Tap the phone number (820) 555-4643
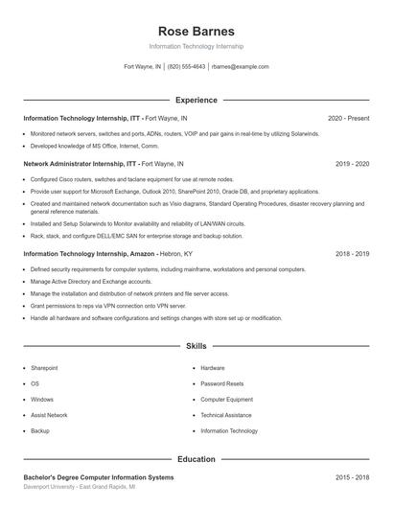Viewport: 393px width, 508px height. click(186, 67)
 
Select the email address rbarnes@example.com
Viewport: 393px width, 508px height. click(240, 67)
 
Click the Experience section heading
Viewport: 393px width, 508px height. click(196, 100)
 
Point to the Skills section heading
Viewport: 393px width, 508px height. click(196, 345)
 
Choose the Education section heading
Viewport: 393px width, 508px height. click(196, 459)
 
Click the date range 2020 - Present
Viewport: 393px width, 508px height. click(348, 118)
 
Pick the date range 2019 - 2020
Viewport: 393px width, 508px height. click(352, 164)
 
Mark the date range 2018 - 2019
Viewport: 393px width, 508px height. click(352, 254)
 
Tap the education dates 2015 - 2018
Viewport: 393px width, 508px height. click(352, 476)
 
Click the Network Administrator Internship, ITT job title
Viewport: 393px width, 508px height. click(81, 164)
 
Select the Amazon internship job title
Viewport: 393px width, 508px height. click(89, 254)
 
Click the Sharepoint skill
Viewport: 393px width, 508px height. click(44, 368)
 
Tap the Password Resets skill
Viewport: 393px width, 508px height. click(221, 383)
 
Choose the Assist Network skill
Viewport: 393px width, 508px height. click(49, 415)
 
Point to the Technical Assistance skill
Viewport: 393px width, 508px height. click(226, 415)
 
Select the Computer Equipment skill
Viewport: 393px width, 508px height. click(226, 400)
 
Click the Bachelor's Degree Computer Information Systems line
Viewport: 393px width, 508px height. click(99, 476)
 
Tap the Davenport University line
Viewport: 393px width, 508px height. click(79, 487)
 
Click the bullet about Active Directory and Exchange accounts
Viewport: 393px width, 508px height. click(91, 282)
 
